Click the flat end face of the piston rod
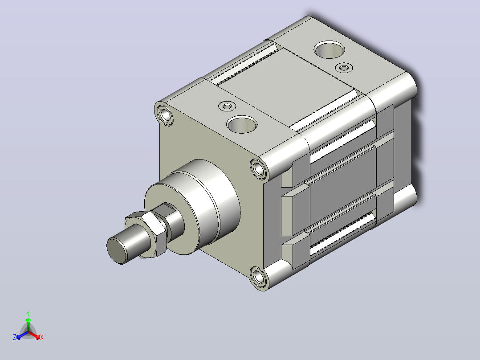(117, 251)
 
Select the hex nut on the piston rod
(146, 233)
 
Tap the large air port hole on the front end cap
(242, 124)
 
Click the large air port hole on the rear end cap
(329, 49)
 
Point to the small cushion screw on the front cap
(227, 106)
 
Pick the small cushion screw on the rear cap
(344, 67)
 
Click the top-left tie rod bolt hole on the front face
(165, 114)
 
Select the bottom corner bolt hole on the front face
(259, 277)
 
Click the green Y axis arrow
(28, 324)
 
